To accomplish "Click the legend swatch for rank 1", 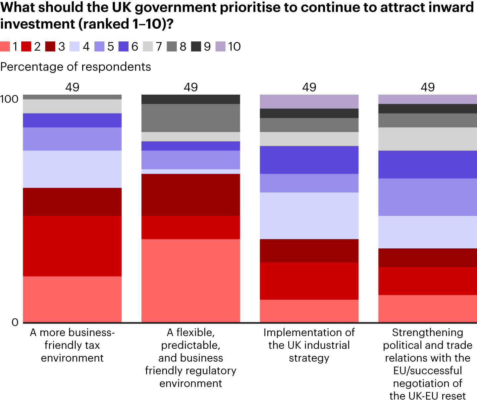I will click(x=5, y=47).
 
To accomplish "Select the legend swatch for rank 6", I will click(x=124, y=47).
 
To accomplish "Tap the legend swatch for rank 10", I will click(x=221, y=47).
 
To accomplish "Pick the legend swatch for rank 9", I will click(x=196, y=47).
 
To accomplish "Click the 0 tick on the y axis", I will click(x=15, y=322).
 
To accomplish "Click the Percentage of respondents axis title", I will click(x=76, y=67).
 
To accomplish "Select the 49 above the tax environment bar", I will click(x=72, y=87).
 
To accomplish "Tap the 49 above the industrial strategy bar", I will click(x=309, y=87).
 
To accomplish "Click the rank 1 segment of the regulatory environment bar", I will click(x=190, y=281).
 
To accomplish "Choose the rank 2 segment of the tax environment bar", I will click(x=72, y=246).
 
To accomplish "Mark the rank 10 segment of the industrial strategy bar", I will click(x=309, y=102).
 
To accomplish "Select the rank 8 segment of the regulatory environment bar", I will click(x=190, y=118).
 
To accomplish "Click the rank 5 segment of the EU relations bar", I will click(x=427, y=197).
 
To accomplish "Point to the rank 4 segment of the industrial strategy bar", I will click(x=309, y=216).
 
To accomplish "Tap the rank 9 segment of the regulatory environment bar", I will click(x=190, y=99).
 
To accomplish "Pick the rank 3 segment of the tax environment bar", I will click(x=72, y=202).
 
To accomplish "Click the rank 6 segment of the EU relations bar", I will click(x=427, y=164).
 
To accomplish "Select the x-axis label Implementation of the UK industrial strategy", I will click(x=309, y=345).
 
